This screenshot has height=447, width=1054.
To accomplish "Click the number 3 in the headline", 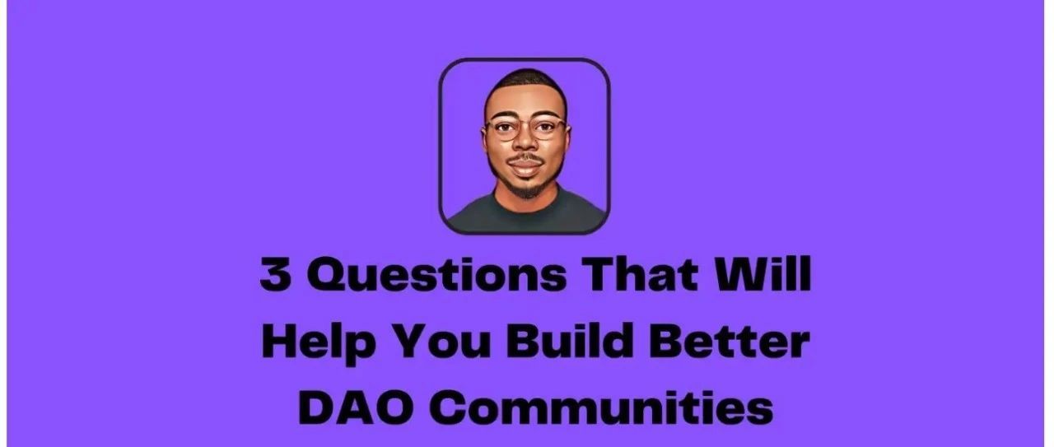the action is (x=274, y=274).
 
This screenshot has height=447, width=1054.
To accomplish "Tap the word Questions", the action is (x=437, y=275).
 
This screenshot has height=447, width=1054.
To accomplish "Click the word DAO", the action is (x=357, y=407).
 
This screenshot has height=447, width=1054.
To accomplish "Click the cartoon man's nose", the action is (x=525, y=141).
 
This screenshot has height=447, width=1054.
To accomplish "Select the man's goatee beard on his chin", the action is (x=525, y=189).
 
